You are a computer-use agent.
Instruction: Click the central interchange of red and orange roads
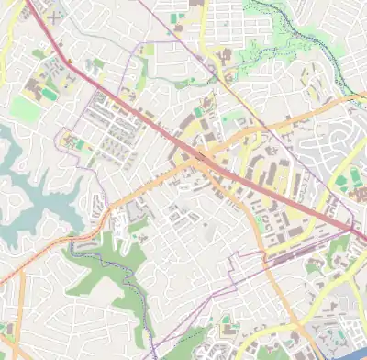(x=200, y=157)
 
